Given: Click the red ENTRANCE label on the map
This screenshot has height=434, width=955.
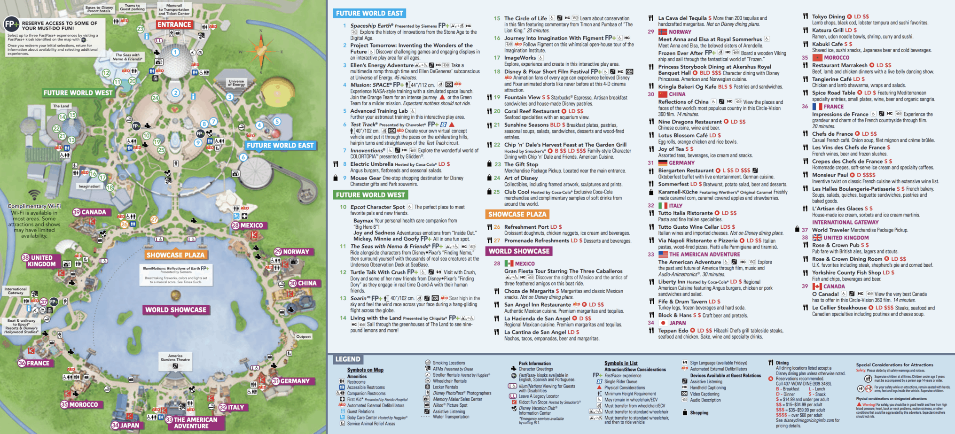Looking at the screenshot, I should coord(174,24).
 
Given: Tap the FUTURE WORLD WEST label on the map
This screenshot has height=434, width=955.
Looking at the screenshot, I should coord(78,93).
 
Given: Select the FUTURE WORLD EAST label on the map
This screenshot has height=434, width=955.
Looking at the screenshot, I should coord(280,146).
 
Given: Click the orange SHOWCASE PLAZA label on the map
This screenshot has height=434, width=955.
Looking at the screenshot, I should coord(175,255).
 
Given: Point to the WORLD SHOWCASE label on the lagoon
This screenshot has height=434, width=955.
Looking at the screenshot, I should coord(176,310).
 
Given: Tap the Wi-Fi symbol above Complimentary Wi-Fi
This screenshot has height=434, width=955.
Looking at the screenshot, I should coord(34,194).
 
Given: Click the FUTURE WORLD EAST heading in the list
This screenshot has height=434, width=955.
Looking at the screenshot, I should coord(369,13).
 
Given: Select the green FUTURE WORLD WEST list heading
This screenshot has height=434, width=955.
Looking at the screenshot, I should coord(370,195).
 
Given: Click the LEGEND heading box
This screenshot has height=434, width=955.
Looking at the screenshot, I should coord(348,359).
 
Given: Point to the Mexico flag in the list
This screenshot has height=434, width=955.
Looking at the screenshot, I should coord(509,263).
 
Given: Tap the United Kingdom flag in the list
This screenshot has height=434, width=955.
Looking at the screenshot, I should coord(817,238).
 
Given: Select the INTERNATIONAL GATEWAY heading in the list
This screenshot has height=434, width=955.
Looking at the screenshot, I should coord(845,223).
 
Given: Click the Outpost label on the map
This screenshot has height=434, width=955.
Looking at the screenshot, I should coord(303,336).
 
